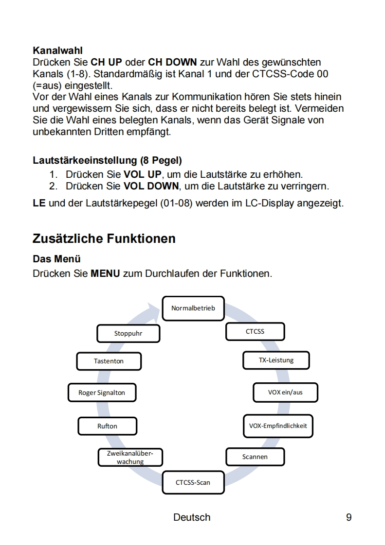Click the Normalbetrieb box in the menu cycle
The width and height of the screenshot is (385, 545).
[x=193, y=308]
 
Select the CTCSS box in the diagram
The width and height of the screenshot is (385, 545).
[x=255, y=332]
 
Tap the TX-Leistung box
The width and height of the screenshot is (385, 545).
[x=276, y=360]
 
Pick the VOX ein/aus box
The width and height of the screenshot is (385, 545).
[x=285, y=392]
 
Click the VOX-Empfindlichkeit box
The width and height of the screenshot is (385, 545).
[x=278, y=426]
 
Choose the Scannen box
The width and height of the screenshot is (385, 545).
[x=255, y=457]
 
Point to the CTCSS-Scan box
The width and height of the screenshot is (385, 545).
[x=193, y=483]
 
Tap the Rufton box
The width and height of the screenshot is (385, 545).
[x=107, y=426]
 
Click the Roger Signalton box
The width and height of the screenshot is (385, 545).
[x=102, y=392]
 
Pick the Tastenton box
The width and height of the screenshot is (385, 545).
[x=109, y=361]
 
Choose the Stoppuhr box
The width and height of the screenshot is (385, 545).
[x=128, y=334]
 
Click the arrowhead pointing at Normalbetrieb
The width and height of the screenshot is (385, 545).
[x=155, y=309]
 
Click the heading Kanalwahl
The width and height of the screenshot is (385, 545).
[x=57, y=50]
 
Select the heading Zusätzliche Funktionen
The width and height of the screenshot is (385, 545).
[x=104, y=238]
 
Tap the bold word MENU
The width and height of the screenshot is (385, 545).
[x=105, y=273]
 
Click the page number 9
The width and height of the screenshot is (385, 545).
[x=348, y=517]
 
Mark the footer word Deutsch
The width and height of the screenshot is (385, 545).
[x=192, y=517]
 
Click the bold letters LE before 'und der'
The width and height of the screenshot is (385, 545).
[x=39, y=203]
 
